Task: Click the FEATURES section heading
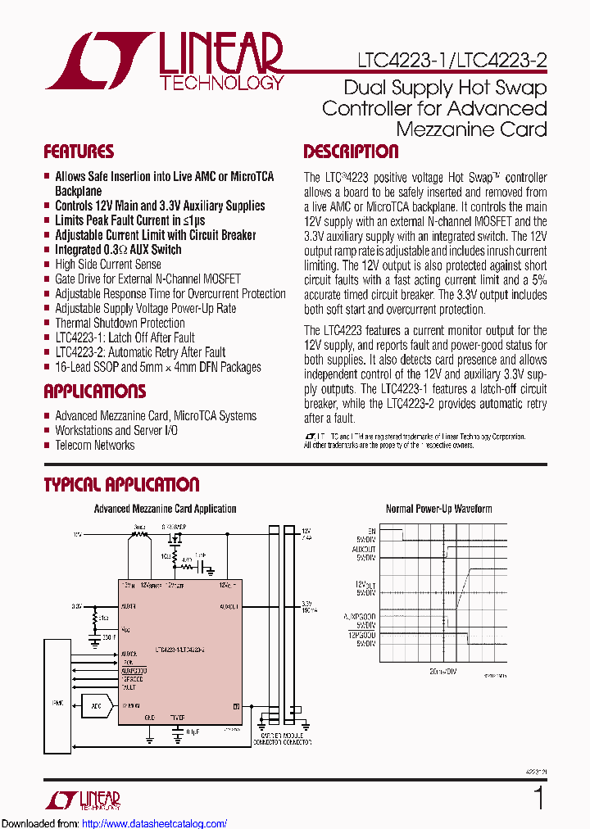coord(79,152)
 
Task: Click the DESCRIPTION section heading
coord(351,152)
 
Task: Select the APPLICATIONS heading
coord(95,391)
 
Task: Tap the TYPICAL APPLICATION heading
coord(121,484)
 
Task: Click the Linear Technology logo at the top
coord(164,61)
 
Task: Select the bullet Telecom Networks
coord(94,445)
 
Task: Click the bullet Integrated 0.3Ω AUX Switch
coord(118,249)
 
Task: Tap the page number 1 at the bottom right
coord(538,797)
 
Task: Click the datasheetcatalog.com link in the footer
coord(155,823)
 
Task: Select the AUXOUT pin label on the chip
coord(229,607)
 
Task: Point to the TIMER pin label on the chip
coord(178,717)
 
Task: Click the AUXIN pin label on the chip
coord(129,607)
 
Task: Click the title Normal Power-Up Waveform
coord(438,509)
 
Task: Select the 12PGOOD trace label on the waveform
coord(361,636)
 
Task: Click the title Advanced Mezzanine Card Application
coord(165,509)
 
